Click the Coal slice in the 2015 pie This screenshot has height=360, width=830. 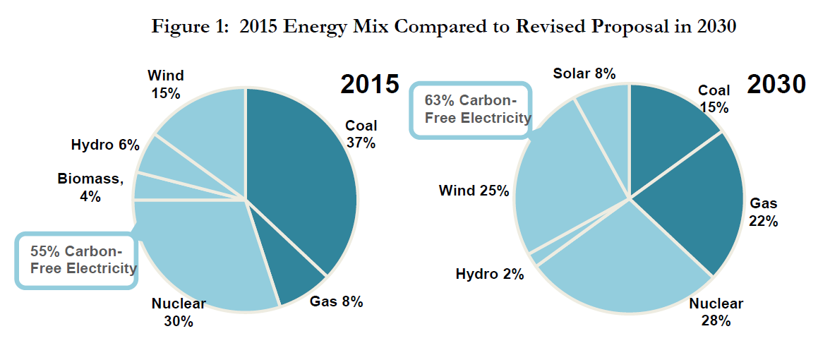(303, 176)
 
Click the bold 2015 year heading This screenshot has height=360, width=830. (371, 84)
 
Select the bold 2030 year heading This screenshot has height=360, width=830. (776, 84)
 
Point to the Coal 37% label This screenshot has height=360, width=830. (361, 134)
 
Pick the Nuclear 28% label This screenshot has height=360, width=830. (716, 312)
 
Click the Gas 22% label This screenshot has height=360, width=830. (764, 212)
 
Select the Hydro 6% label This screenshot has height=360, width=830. (105, 145)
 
